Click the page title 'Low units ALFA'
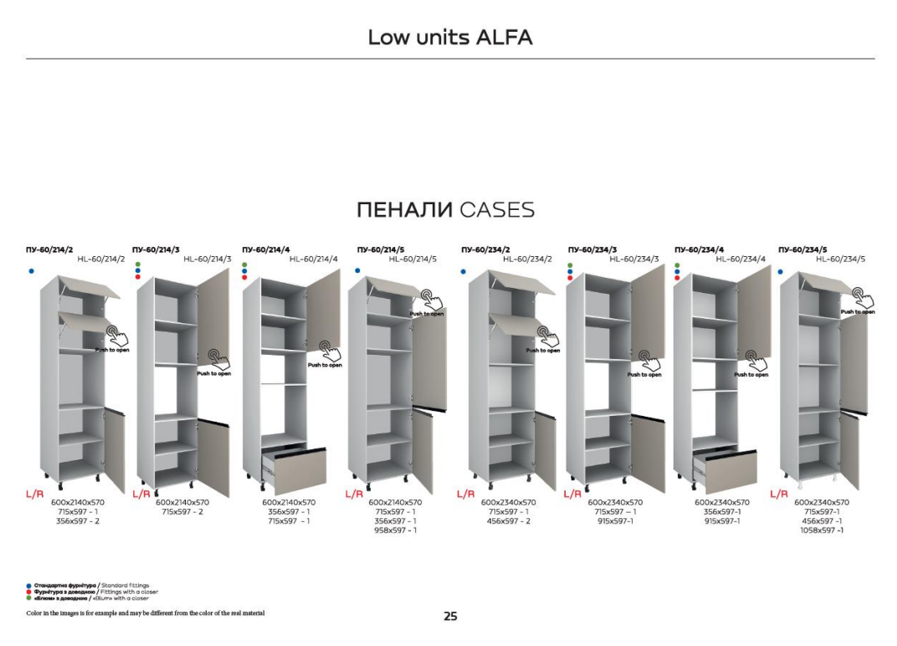tap(449, 38)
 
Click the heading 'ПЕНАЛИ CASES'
tap(445, 210)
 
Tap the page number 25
tap(450, 617)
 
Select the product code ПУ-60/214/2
tap(49, 249)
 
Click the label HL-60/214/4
tap(313, 259)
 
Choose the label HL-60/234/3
tap(634, 259)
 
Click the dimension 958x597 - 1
tap(395, 531)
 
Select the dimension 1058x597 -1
tap(822, 531)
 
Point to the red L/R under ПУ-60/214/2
tap(34, 495)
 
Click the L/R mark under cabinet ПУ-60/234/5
tap(779, 495)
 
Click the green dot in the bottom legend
tap(29, 598)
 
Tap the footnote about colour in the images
tap(146, 613)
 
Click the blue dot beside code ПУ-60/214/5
tap(357, 271)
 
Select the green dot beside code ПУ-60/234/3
tap(570, 264)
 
